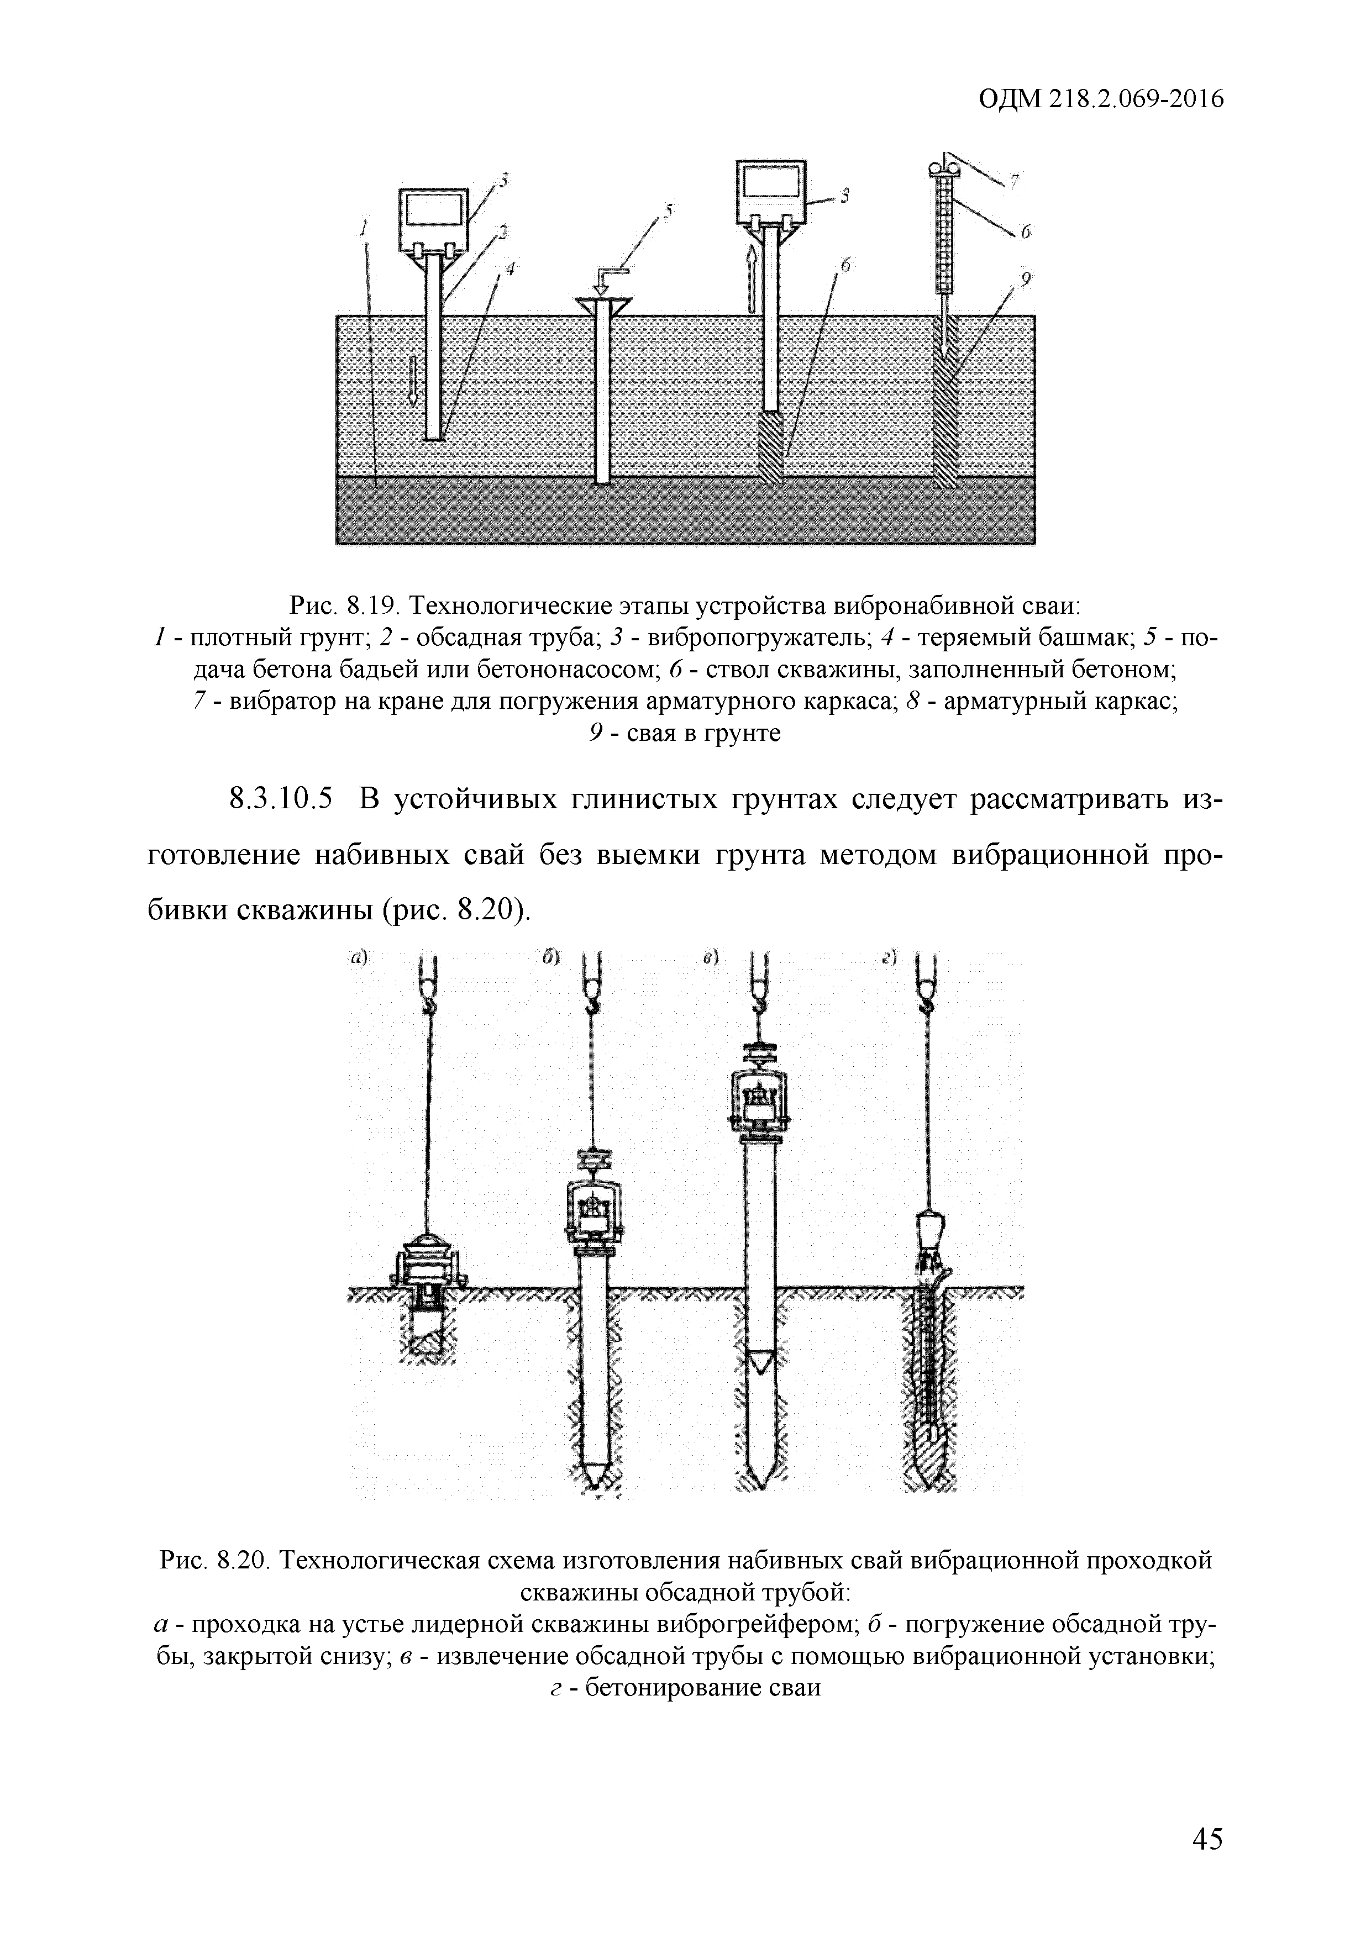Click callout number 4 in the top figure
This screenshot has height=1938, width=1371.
click(509, 268)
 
